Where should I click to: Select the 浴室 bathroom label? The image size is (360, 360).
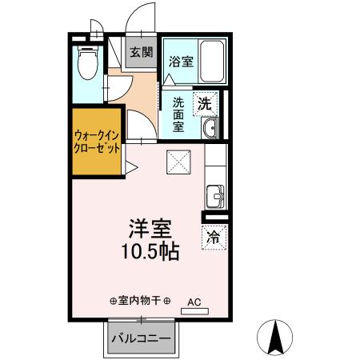pyautogui.click(x=180, y=61)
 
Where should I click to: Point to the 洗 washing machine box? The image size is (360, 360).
pyautogui.click(x=206, y=102)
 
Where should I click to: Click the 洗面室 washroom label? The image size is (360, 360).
pyautogui.click(x=179, y=114)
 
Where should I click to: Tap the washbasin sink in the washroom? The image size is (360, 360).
pyautogui.click(x=210, y=128)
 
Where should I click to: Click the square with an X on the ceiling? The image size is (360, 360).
pyautogui.click(x=178, y=162)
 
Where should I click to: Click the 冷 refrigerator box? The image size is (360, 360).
pyautogui.click(x=214, y=238)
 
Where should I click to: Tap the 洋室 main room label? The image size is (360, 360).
pyautogui.click(x=148, y=227)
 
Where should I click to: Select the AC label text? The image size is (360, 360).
pyautogui.click(x=194, y=302)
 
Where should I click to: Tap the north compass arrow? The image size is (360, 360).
pyautogui.click(x=277, y=337)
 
